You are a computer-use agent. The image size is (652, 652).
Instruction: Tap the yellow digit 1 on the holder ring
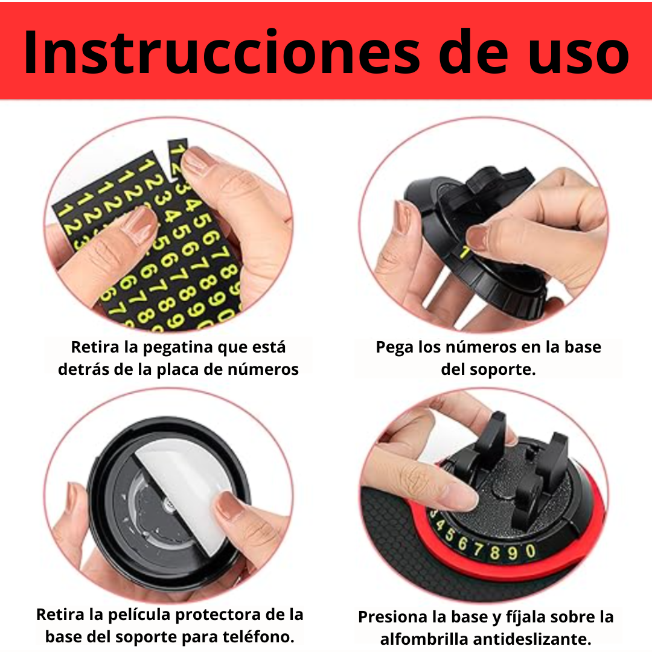(465, 252)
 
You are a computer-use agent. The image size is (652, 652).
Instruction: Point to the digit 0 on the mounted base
(530, 551)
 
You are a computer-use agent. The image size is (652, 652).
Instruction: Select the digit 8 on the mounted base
(494, 552)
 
